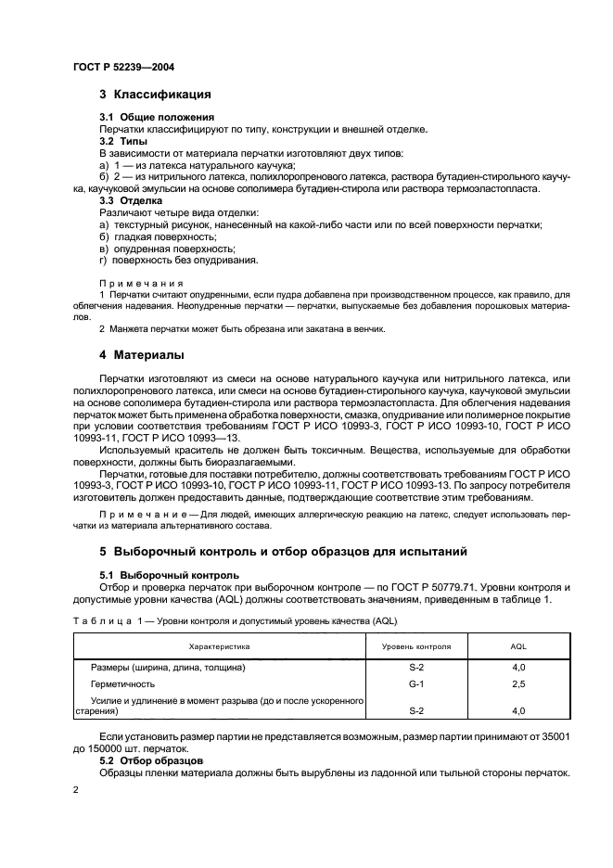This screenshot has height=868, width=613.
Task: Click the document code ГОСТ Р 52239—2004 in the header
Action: click(x=123, y=69)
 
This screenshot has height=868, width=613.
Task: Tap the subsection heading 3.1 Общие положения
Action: click(x=157, y=118)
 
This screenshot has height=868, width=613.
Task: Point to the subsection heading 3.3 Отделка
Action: click(x=131, y=199)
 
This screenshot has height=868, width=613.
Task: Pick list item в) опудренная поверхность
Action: click(x=167, y=249)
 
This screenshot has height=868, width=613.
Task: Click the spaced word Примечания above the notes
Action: click(x=142, y=283)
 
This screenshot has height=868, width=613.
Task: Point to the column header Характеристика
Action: click(x=220, y=645)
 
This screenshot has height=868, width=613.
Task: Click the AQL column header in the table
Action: click(x=518, y=645)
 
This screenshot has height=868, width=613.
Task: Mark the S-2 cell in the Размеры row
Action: click(x=415, y=668)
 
